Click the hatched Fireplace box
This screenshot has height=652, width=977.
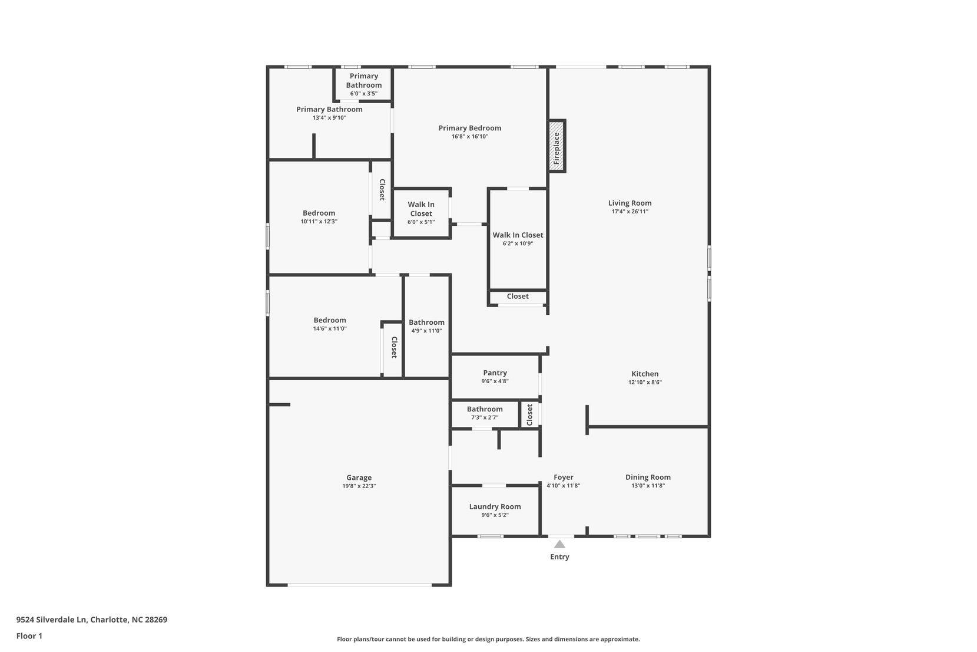tap(557, 146)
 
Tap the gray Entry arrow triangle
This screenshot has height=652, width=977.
tap(559, 544)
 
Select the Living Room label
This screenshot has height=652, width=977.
tap(630, 203)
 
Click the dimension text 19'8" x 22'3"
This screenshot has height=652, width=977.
tap(359, 486)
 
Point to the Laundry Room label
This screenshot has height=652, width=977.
tap(495, 506)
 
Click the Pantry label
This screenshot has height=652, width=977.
tap(495, 373)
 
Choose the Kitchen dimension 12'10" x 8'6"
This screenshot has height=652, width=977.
tap(645, 382)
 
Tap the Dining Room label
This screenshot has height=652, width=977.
tap(648, 477)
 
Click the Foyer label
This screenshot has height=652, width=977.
tap(563, 477)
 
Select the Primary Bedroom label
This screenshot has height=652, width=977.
tap(469, 128)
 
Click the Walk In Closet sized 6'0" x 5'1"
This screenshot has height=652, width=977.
tap(421, 209)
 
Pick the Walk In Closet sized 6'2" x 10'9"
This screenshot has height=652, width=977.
tap(518, 235)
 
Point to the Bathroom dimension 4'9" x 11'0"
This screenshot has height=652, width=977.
tap(426, 331)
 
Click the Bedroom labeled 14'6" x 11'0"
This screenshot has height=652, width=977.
tap(330, 320)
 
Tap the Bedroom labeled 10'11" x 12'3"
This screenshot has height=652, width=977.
tap(319, 213)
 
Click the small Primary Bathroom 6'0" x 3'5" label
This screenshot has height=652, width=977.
tap(364, 81)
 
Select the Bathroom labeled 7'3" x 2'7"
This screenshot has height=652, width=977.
tap(485, 409)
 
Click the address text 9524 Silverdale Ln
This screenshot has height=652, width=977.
tap(52, 620)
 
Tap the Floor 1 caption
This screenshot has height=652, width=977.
tap(29, 636)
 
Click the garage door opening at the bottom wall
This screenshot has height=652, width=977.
tap(359, 585)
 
